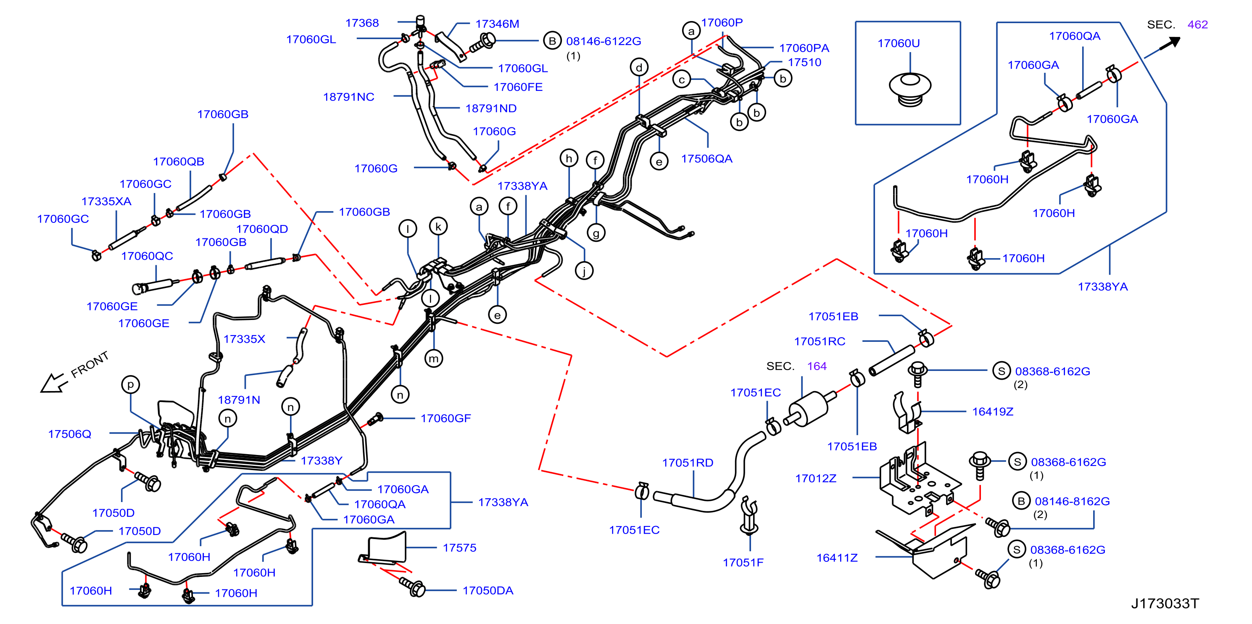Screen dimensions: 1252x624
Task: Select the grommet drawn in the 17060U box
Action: click(x=910, y=89)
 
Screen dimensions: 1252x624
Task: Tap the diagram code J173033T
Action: click(x=1165, y=603)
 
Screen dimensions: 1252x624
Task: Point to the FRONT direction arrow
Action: click(x=53, y=383)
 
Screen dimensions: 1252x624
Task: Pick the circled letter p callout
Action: click(x=130, y=385)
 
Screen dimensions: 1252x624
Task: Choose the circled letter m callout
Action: click(x=434, y=359)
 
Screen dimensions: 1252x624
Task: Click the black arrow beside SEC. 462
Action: click(x=1170, y=43)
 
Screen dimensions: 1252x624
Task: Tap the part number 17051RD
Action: click(x=688, y=463)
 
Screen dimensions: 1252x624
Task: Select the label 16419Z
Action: click(x=992, y=412)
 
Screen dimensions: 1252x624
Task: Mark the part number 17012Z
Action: click(x=816, y=479)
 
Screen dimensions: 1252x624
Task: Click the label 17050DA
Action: click(x=488, y=590)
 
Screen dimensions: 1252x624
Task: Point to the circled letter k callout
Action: click(x=438, y=227)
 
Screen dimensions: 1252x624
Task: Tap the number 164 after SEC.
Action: click(x=817, y=366)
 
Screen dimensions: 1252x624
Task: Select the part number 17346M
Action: click(x=497, y=24)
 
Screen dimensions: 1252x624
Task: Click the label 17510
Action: click(x=804, y=62)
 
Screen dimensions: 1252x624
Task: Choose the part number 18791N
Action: click(x=239, y=400)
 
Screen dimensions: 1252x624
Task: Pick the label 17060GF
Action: click(x=445, y=418)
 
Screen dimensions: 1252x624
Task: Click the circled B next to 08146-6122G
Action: click(x=552, y=41)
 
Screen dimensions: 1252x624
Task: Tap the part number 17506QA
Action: click(x=706, y=159)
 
